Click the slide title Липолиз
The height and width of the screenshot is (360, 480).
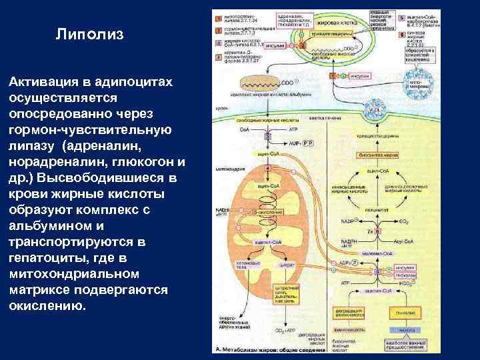(x=89, y=34)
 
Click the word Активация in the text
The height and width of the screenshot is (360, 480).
(x=41, y=81)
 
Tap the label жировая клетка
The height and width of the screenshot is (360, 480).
(x=341, y=21)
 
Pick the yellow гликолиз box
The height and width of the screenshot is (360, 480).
(x=402, y=311)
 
